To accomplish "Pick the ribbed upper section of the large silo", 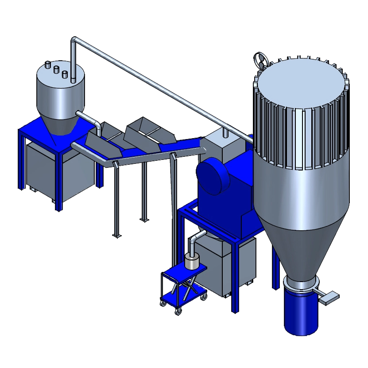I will click(x=301, y=142).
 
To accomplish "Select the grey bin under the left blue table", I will click(x=58, y=173).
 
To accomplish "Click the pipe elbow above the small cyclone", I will click(x=74, y=42).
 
